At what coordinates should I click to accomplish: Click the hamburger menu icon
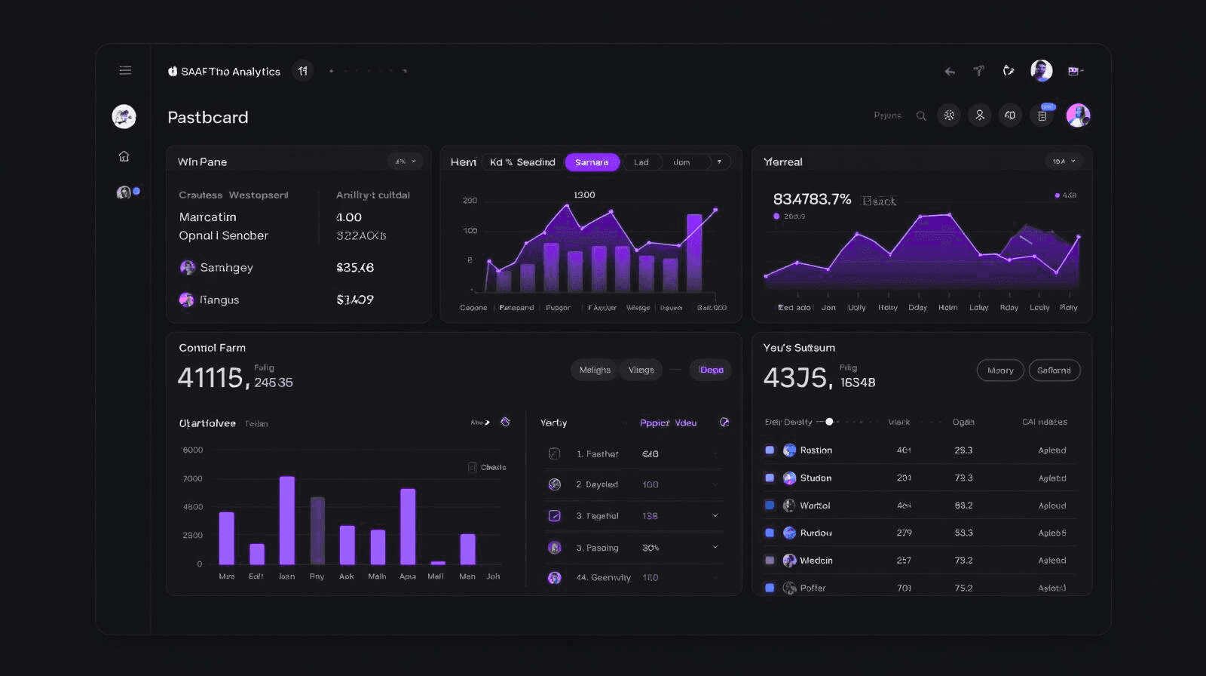point(125,70)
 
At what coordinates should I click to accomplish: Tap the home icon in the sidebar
point(124,156)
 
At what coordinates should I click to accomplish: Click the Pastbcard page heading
point(207,117)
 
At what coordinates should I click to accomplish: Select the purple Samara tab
point(592,162)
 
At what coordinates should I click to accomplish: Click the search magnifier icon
point(921,115)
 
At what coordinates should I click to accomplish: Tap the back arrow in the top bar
point(950,72)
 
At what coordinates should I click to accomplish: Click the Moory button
point(1000,370)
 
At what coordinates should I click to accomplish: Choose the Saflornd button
point(1054,370)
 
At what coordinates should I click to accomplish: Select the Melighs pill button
point(595,370)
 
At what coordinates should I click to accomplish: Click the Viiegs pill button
point(641,370)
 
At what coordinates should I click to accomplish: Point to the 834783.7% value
point(812,199)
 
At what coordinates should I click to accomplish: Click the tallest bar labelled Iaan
point(286,521)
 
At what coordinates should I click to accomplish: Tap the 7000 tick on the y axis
point(193,479)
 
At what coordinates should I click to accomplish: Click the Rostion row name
point(816,450)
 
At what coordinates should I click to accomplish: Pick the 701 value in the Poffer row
point(904,588)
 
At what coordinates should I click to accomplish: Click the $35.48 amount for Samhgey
point(355,268)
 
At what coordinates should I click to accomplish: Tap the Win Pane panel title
point(202,161)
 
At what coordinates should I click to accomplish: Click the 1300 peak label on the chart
point(584,195)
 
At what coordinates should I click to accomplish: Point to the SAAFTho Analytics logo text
point(230,72)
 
